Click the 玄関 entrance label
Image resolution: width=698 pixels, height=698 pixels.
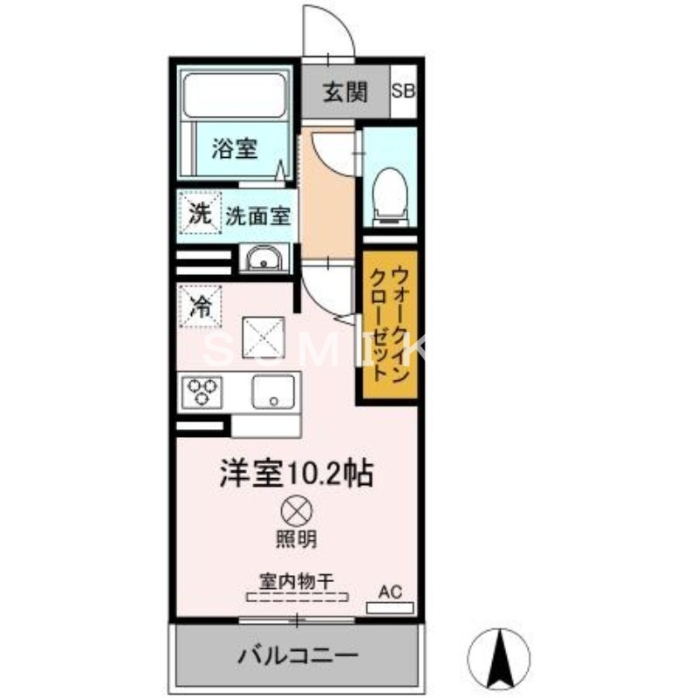pyautogui.click(x=346, y=92)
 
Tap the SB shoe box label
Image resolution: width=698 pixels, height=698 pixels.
pyautogui.click(x=403, y=92)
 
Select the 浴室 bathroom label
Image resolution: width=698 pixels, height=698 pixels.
pyautogui.click(x=234, y=148)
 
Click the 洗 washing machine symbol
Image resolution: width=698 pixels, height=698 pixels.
pyautogui.click(x=200, y=215)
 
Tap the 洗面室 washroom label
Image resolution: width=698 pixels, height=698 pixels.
pyautogui.click(x=258, y=216)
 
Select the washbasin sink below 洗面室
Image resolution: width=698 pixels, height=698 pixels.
pyautogui.click(x=262, y=259)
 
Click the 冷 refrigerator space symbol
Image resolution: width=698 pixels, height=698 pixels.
pyautogui.click(x=200, y=306)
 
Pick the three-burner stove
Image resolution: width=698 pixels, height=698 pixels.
pyautogui.click(x=202, y=391)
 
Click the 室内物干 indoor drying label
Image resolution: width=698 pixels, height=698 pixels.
pyautogui.click(x=297, y=579)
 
